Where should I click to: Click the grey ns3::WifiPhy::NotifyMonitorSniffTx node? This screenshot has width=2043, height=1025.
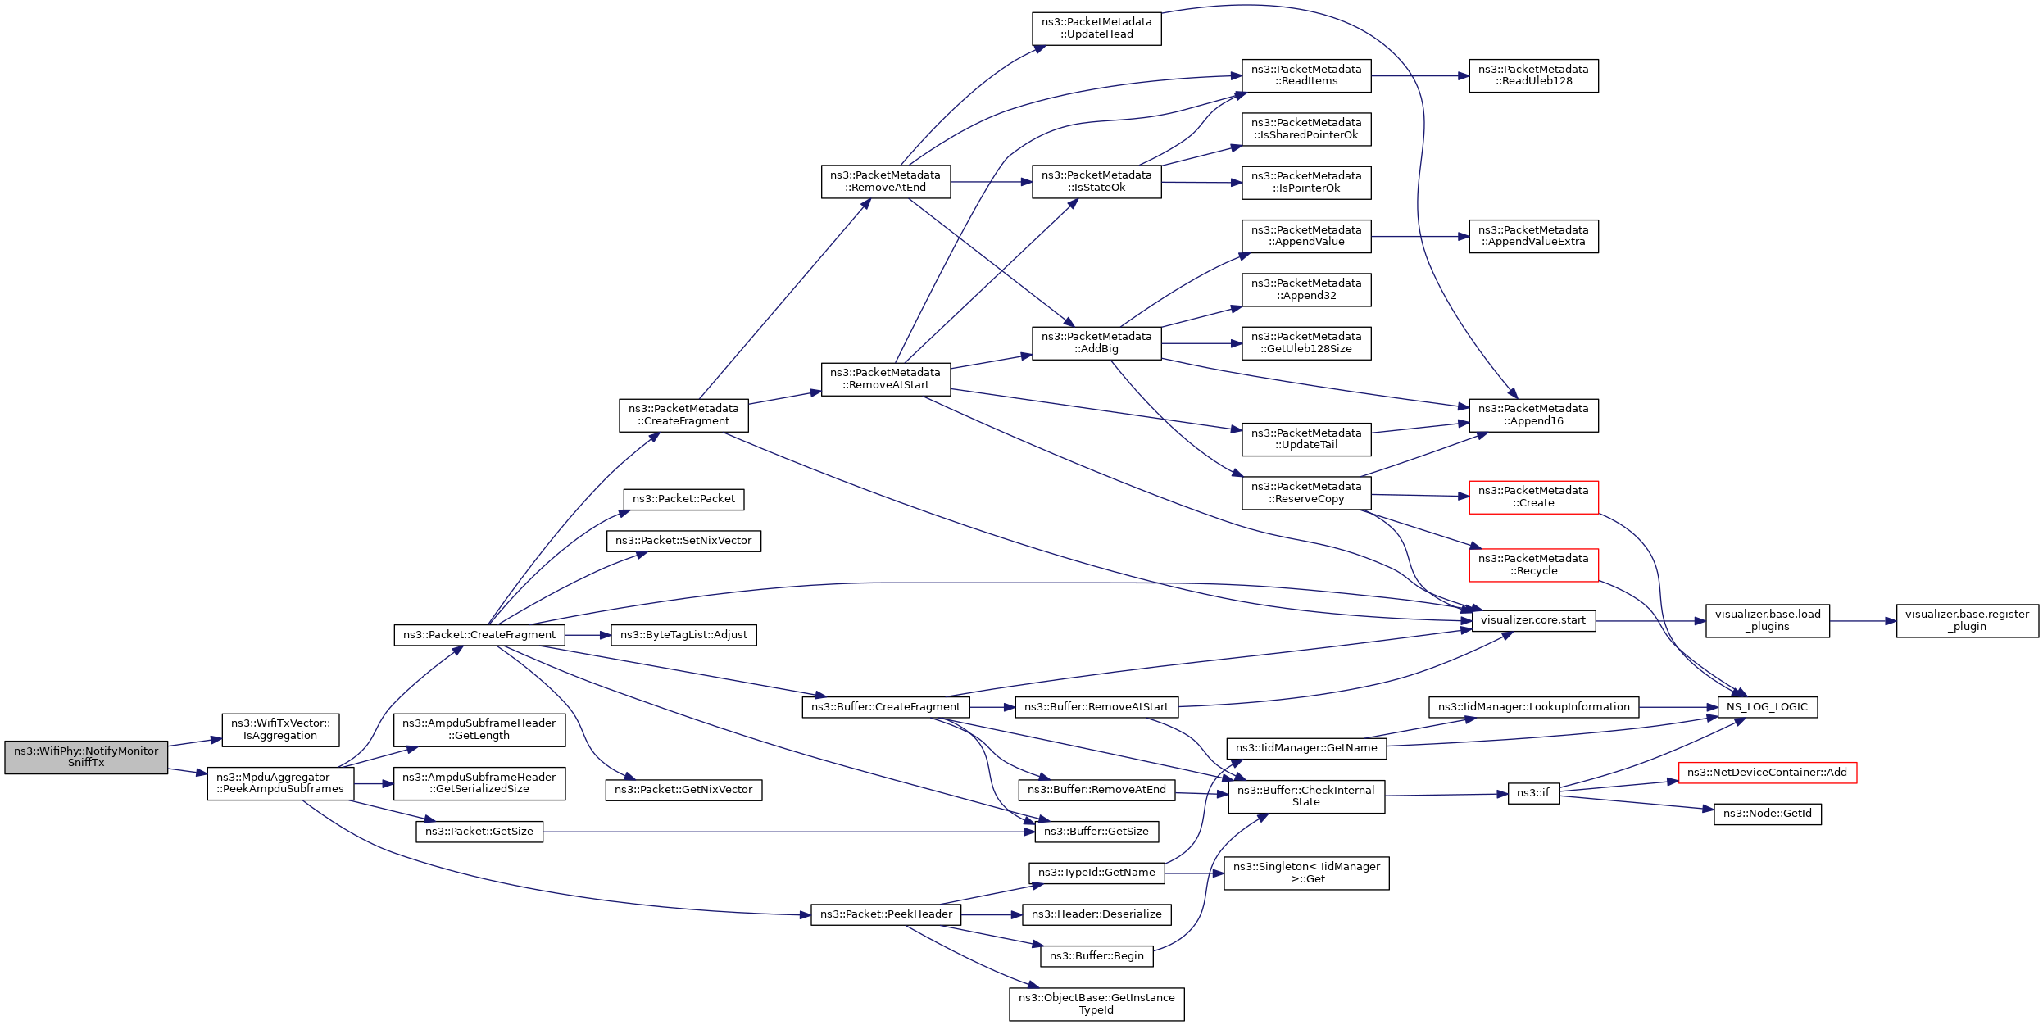(86, 757)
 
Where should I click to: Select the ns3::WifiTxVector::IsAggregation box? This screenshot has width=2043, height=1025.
(280, 729)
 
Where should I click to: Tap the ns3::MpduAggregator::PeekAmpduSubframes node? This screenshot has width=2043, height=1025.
(280, 783)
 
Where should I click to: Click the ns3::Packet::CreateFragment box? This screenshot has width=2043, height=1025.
(479, 635)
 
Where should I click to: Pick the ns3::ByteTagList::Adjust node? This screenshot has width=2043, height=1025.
(683, 635)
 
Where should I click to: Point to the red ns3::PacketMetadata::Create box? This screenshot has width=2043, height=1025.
(1533, 497)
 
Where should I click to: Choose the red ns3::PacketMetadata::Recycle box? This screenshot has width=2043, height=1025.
(1533, 565)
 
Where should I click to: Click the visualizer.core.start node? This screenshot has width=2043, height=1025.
(1533, 620)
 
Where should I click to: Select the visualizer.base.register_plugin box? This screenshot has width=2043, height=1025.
(1967, 620)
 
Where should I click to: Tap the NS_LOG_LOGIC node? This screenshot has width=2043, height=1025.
(1767, 707)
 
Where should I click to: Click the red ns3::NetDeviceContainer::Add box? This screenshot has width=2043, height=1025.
(1767, 773)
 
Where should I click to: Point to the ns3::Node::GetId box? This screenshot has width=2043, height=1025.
(1767, 814)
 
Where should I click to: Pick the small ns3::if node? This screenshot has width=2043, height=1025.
(1533, 793)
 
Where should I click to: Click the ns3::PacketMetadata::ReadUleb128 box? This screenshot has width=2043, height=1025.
(1533, 75)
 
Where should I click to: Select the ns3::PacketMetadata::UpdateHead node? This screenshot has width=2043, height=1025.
(1096, 28)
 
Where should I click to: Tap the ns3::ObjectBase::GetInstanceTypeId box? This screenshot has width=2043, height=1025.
(1096, 1004)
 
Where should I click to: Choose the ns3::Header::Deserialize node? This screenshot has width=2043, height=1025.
(1096, 914)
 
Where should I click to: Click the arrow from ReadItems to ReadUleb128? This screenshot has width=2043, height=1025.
(1419, 76)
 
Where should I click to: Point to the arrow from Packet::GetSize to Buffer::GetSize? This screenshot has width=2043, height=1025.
(787, 832)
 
